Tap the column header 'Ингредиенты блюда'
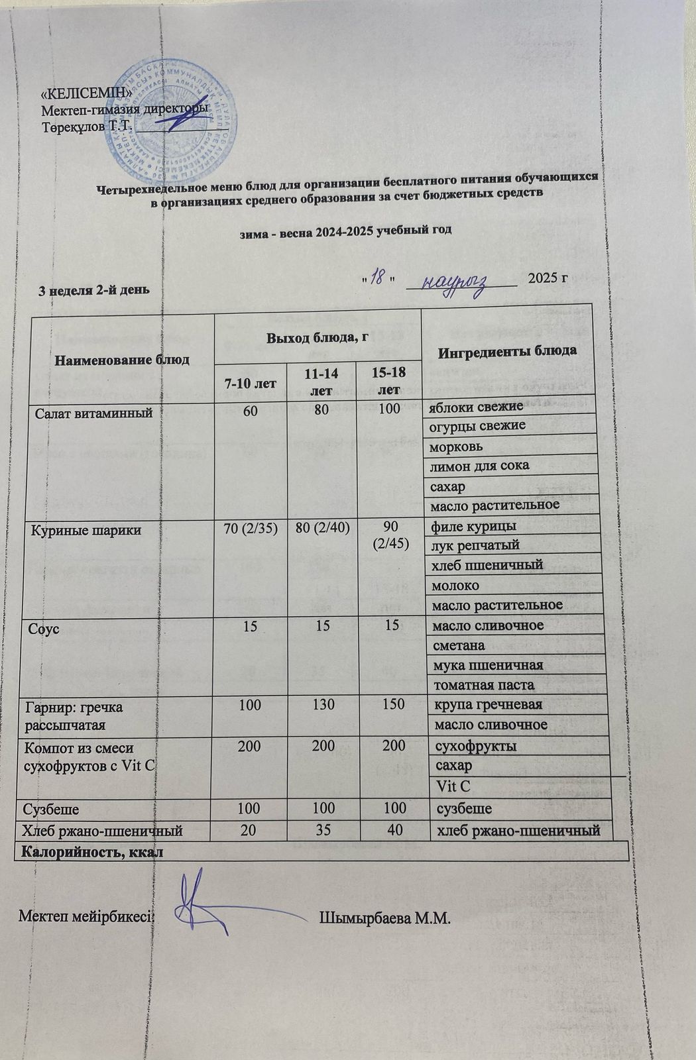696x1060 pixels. click(x=509, y=350)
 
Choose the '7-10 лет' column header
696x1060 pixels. click(x=251, y=383)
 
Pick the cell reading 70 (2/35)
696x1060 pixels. click(x=251, y=530)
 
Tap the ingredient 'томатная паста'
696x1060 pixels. click(x=483, y=684)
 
